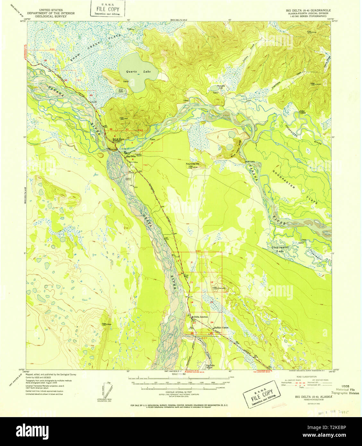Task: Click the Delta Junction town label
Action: point(200,317)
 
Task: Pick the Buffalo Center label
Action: point(221,328)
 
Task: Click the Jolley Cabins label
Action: point(302,112)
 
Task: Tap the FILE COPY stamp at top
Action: point(108,9)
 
